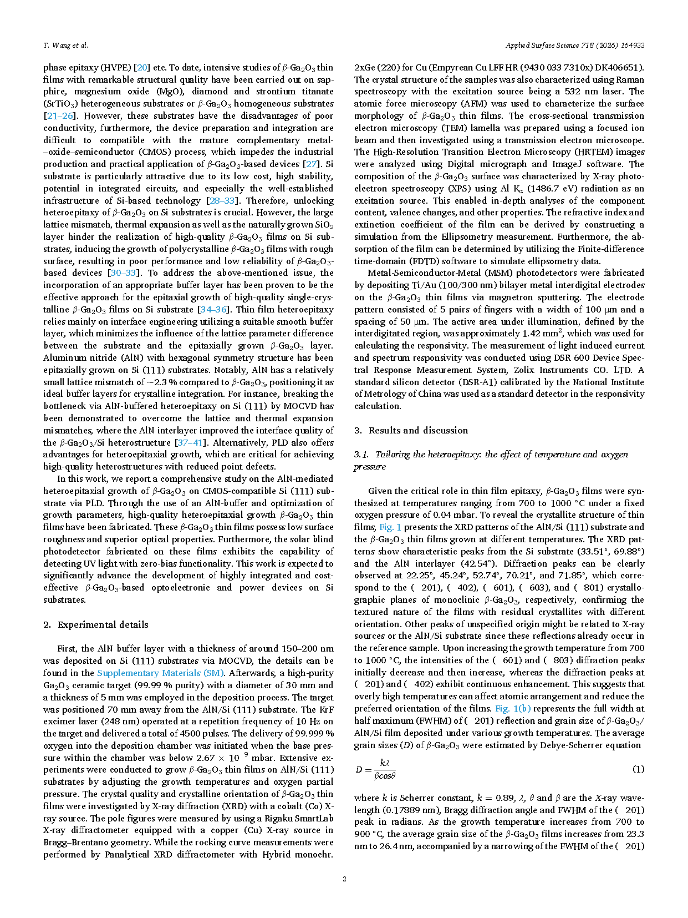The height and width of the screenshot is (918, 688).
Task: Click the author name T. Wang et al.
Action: click(65, 46)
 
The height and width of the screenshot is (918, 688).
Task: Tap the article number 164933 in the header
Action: click(632, 46)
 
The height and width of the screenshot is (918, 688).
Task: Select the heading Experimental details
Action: click(103, 624)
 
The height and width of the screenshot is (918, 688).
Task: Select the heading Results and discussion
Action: click(418, 430)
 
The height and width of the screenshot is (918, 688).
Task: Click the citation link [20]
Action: click(142, 68)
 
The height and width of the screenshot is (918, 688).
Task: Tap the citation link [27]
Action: click(312, 164)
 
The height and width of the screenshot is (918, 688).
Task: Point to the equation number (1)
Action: click(638, 769)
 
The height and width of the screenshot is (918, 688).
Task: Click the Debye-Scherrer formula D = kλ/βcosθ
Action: click(376, 769)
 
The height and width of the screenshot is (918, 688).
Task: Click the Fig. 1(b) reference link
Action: click(513, 709)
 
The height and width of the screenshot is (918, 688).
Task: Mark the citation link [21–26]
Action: click(60, 116)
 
